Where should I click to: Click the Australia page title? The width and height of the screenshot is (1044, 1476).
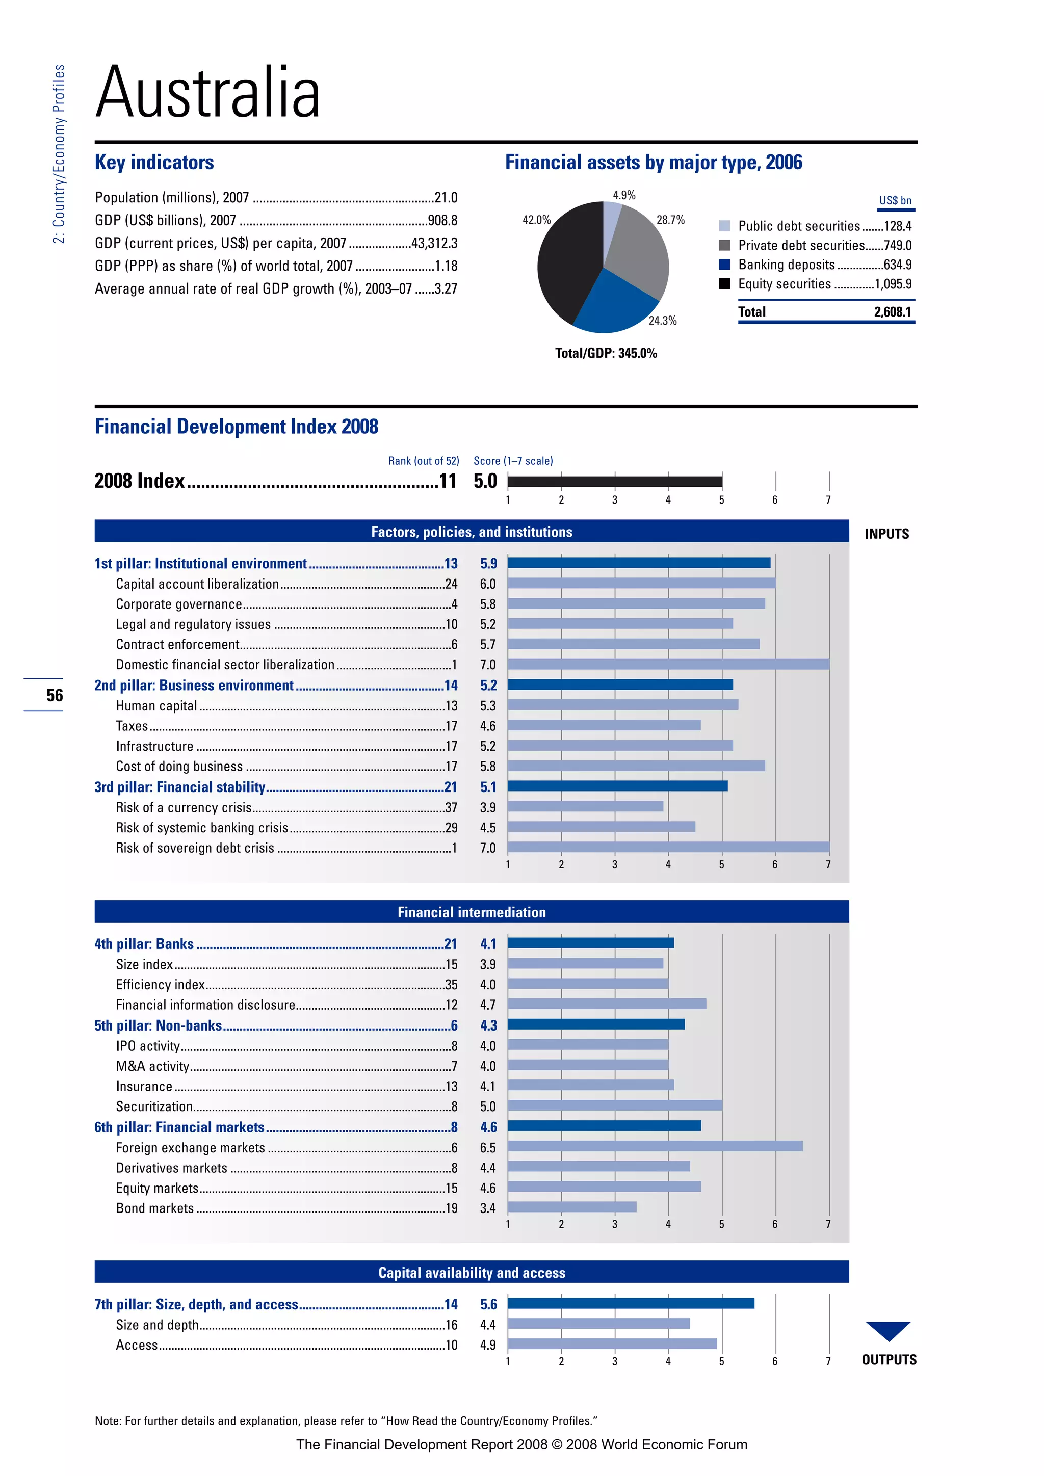[207, 93]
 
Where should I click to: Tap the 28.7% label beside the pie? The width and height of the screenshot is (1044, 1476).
[670, 220]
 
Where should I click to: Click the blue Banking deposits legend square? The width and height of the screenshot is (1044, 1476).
[724, 264]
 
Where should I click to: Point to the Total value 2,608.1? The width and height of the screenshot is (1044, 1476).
[892, 312]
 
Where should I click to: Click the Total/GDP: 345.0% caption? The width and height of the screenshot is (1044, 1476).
[606, 353]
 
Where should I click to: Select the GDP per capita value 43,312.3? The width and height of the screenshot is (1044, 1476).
[434, 243]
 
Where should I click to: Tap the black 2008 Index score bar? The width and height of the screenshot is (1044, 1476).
[615, 481]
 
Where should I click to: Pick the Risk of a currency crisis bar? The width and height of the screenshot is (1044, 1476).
[585, 806]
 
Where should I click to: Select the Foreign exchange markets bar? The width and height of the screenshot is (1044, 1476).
[655, 1146]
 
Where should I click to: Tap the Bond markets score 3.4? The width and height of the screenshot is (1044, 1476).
[487, 1208]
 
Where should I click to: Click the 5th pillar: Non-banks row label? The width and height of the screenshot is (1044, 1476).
[158, 1025]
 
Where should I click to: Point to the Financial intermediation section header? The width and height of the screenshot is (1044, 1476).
[471, 912]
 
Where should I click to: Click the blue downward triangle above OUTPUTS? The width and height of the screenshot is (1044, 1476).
[888, 1329]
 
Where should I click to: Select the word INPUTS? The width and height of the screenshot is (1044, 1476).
[886, 534]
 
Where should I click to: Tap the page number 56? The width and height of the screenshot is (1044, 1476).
[55, 695]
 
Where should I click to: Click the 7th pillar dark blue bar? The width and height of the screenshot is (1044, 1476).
[630, 1303]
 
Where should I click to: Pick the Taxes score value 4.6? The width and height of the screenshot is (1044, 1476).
[487, 726]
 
